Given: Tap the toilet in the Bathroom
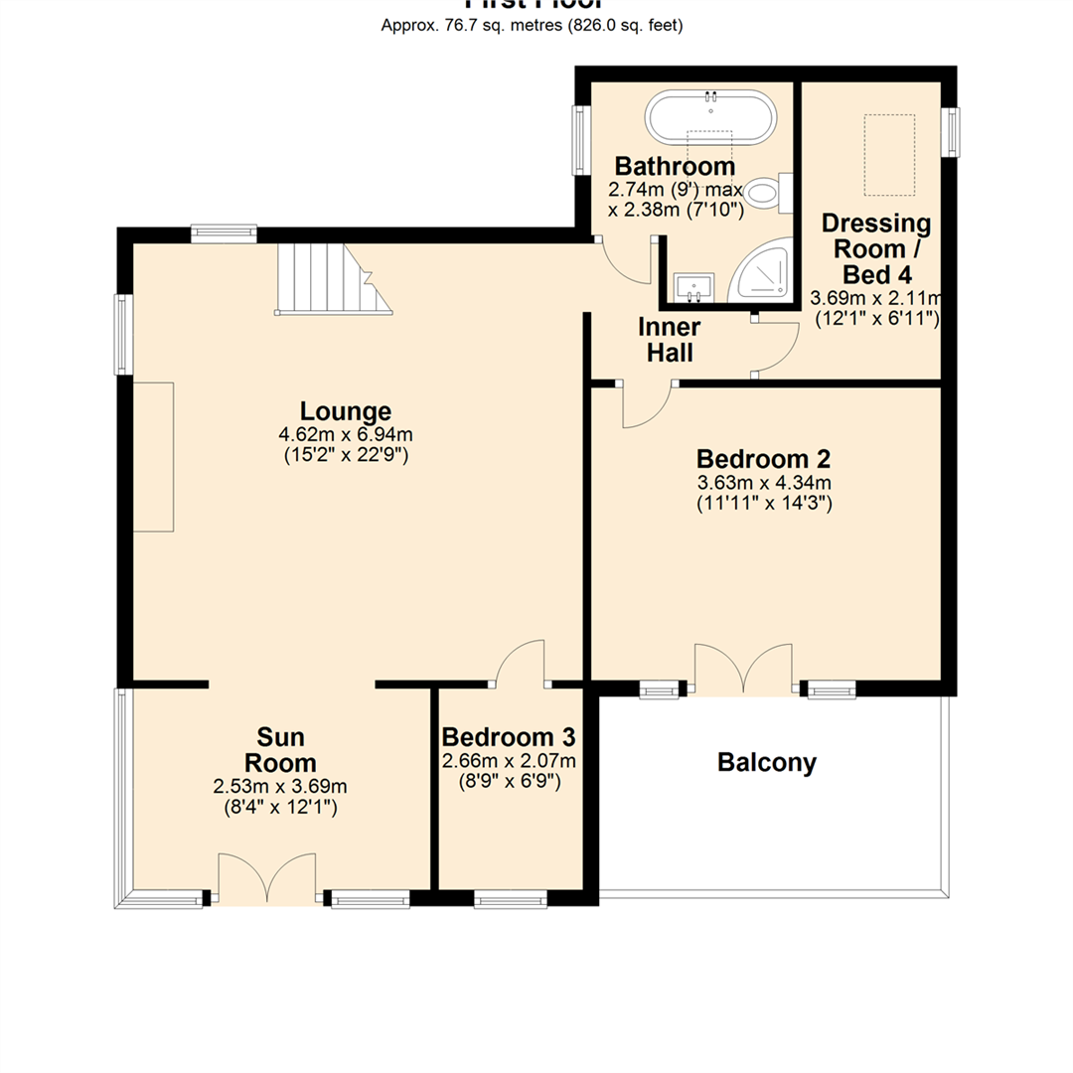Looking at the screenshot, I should point(767,193).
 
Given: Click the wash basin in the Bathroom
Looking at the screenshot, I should point(690,287).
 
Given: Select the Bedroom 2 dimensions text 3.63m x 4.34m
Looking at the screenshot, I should point(763,483).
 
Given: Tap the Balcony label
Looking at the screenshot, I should point(767,763).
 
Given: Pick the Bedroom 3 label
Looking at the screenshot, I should point(509,737).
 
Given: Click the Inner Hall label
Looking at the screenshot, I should point(670,339).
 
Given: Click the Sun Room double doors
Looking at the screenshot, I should point(268,877).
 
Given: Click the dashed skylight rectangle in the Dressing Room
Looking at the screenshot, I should point(888,155).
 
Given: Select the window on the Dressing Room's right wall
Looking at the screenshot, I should point(951,131).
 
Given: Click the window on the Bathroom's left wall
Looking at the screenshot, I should point(579,141).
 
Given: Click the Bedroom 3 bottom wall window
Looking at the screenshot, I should point(510,900).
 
